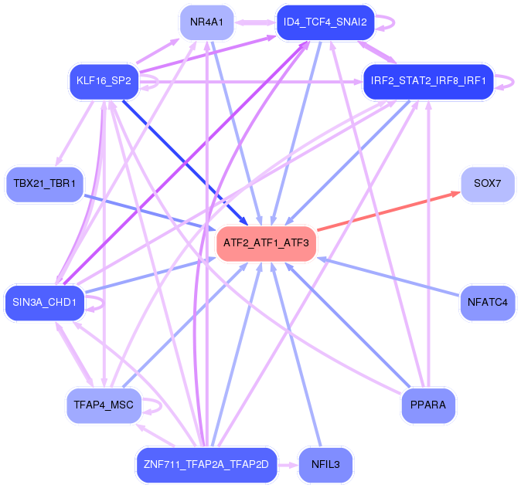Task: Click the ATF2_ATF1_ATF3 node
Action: coord(266,243)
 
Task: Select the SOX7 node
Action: coord(488,184)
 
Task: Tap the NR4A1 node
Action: coord(206,22)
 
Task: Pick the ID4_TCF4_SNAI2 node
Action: coord(325,22)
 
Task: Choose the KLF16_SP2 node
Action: coord(104,81)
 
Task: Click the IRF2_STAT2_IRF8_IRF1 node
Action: coord(428,81)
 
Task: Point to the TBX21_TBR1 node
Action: coord(45,184)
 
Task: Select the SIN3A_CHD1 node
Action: coord(45,303)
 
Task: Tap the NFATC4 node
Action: coord(488,303)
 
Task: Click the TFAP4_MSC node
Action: coord(104,405)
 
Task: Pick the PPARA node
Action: coord(428,405)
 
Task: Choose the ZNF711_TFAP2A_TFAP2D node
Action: coord(206,464)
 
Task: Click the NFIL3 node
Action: coord(325,464)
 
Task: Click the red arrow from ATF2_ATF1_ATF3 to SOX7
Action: coord(389,211)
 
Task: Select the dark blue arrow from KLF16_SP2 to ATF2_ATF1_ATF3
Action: coord(186,163)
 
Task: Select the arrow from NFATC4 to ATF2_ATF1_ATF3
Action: coord(388,276)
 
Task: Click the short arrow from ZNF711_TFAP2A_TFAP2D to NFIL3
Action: coord(288,465)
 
